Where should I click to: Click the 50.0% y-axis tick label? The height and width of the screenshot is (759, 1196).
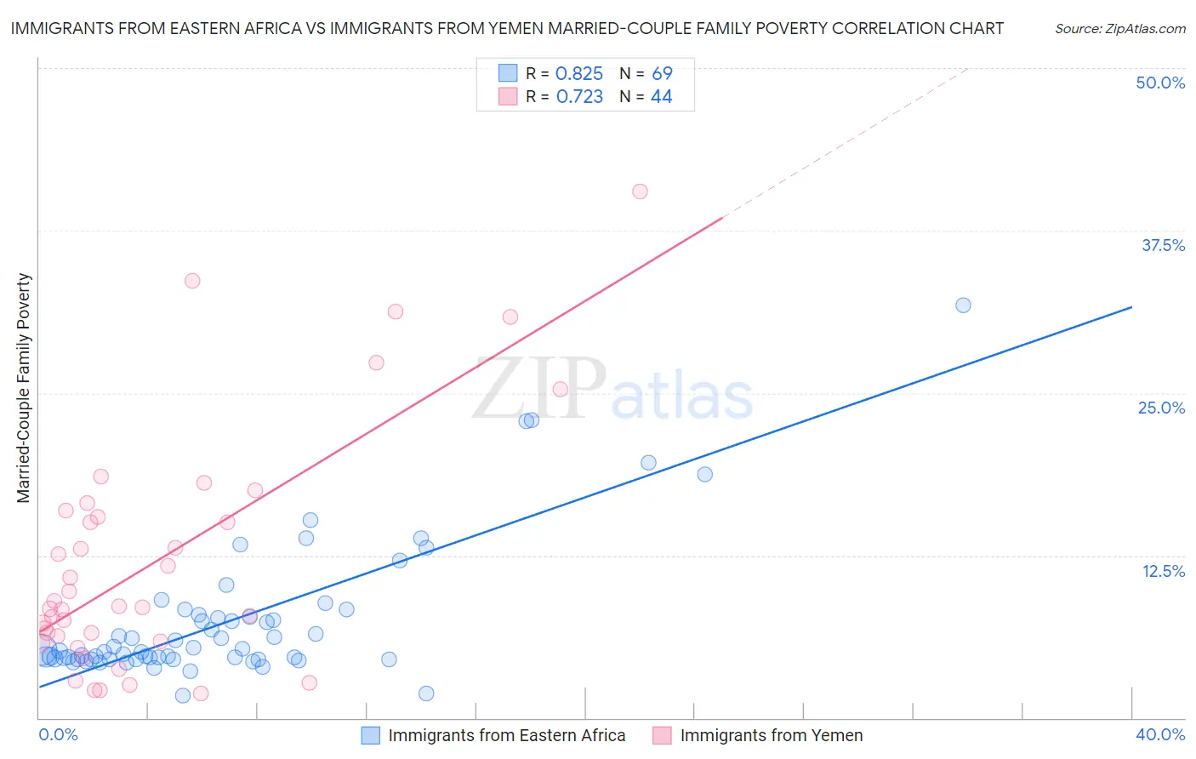pyautogui.click(x=1160, y=83)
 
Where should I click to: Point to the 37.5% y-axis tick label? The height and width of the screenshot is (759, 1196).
pyautogui.click(x=1163, y=245)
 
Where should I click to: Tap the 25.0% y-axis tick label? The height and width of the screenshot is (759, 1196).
pyautogui.click(x=1161, y=408)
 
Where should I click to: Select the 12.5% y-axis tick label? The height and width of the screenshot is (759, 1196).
pyautogui.click(x=1163, y=571)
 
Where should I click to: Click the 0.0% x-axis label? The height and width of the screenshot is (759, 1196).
pyautogui.click(x=58, y=734)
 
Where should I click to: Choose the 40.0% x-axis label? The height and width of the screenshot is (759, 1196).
pyautogui.click(x=1160, y=734)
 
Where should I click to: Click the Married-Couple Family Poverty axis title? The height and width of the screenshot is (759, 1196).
pyautogui.click(x=23, y=388)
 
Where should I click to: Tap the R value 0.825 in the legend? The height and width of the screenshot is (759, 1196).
pyautogui.click(x=578, y=74)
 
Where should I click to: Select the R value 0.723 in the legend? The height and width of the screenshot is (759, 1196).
pyautogui.click(x=578, y=97)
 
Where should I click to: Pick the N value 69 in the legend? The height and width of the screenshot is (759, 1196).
pyautogui.click(x=662, y=74)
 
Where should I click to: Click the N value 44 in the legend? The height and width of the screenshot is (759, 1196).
pyautogui.click(x=661, y=97)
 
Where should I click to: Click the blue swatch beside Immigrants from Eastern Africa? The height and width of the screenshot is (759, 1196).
pyautogui.click(x=370, y=735)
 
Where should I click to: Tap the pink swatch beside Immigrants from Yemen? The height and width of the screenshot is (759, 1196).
pyautogui.click(x=662, y=735)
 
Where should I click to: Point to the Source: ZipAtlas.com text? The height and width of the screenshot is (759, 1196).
pyautogui.click(x=1119, y=28)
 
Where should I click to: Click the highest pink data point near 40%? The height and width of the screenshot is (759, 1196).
pyautogui.click(x=640, y=191)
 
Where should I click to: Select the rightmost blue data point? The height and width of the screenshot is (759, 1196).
pyautogui.click(x=963, y=305)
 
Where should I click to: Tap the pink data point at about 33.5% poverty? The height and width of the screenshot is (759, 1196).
pyautogui.click(x=192, y=281)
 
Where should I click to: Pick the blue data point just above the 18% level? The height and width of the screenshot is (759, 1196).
pyautogui.click(x=704, y=474)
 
